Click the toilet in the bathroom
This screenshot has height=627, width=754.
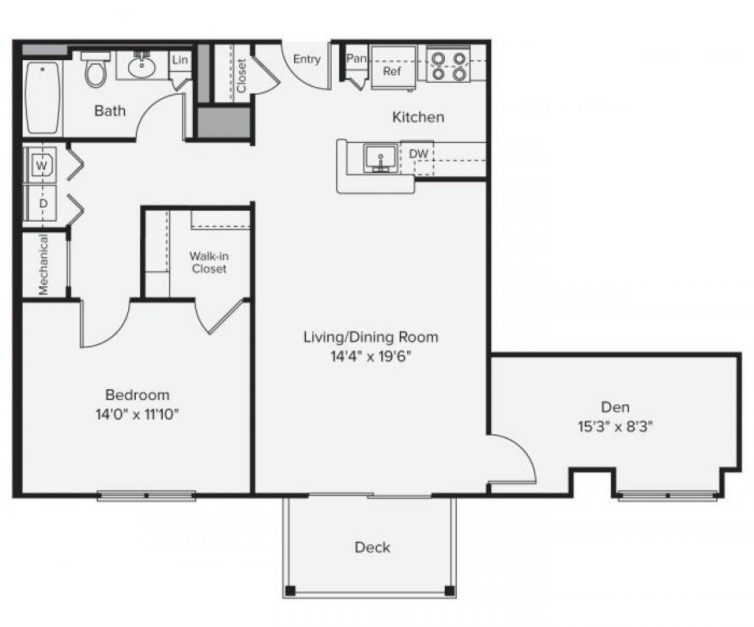point(96,70)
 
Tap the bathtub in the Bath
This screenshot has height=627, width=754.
point(43,97)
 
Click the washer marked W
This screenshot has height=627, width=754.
point(41,166)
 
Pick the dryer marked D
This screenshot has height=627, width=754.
point(43,203)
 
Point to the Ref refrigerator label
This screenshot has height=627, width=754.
point(392,71)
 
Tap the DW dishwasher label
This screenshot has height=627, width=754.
point(418,154)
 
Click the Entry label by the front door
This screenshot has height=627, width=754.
point(307,60)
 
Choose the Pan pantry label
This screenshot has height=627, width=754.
point(356,58)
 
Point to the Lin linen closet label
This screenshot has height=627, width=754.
point(180,60)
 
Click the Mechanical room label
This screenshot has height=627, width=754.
point(43,265)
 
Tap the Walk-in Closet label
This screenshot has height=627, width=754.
point(209,262)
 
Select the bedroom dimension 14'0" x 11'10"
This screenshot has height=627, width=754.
point(137,414)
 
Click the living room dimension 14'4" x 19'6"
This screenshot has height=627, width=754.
point(371,356)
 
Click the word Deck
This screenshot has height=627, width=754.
point(372,547)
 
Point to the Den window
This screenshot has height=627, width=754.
point(667,496)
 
